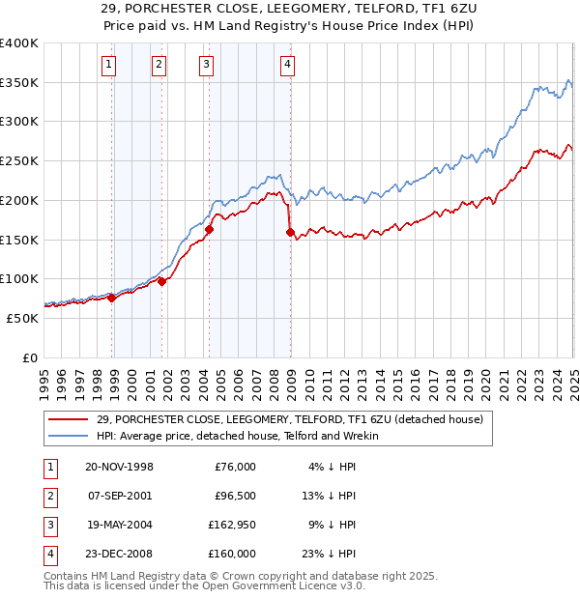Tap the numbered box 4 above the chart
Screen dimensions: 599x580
coord(288,66)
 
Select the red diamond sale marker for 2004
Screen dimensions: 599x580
coord(209,229)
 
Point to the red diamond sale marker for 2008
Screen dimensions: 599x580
coord(290,231)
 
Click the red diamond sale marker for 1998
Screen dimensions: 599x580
coord(112,298)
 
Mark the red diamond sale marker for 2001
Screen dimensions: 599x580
coord(161,281)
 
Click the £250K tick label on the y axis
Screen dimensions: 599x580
coord(18,161)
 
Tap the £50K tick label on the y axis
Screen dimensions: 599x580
coord(22,318)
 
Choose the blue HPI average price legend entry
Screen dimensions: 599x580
coord(238,436)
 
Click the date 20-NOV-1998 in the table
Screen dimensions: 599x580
coord(120,467)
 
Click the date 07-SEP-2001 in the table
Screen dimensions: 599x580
coord(120,496)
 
